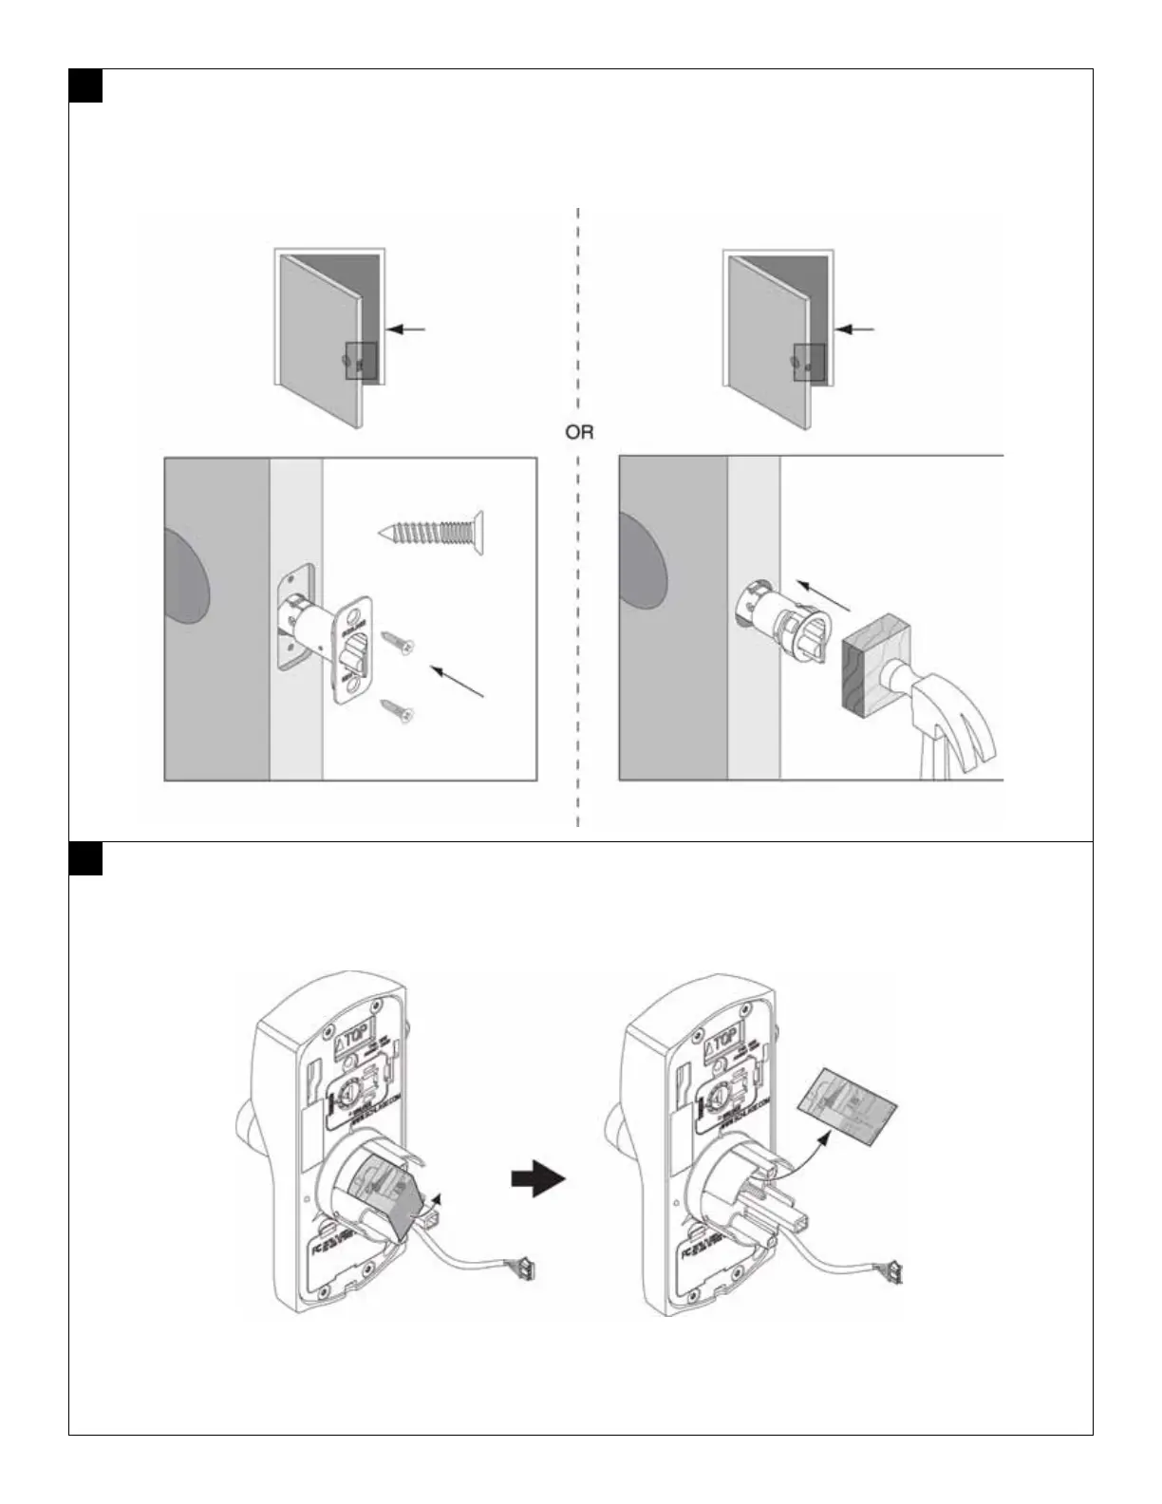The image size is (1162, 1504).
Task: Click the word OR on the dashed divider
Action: coord(579,432)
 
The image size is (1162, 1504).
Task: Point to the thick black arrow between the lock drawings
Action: coord(538,1180)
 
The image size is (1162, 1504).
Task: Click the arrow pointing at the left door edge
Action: coord(409,329)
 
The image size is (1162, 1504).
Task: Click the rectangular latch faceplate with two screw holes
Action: coord(351,648)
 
